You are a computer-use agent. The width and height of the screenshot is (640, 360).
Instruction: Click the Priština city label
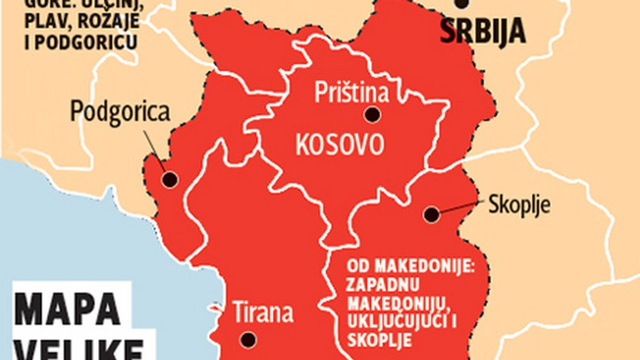(x=351, y=92)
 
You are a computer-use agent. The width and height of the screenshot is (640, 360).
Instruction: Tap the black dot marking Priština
(x=372, y=114)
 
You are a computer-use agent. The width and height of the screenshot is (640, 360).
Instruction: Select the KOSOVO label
(x=340, y=144)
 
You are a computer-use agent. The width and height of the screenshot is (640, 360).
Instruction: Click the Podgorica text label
(x=121, y=113)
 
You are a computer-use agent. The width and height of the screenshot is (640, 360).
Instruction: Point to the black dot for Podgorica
(x=170, y=179)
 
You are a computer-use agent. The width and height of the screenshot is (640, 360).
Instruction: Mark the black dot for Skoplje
(x=431, y=215)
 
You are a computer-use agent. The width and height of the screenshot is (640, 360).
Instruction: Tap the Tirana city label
(x=263, y=313)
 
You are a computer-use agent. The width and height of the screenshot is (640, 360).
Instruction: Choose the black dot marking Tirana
(x=247, y=339)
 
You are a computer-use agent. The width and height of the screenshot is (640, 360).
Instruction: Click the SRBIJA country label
(x=483, y=32)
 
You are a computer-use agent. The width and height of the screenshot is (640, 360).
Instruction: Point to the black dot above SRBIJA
(x=462, y=3)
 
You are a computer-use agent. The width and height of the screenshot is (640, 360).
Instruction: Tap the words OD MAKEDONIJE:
(x=410, y=265)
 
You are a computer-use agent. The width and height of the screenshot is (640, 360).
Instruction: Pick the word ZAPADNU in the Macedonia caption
(x=382, y=283)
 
